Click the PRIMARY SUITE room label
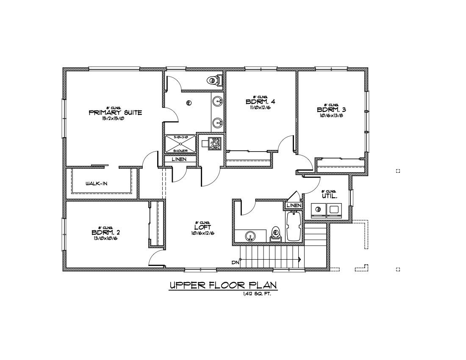115,113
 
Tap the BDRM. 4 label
260,102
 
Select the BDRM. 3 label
331,110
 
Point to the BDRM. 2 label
105,232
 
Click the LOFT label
202,227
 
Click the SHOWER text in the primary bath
180,151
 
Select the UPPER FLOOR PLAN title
223,285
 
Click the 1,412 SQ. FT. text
257,294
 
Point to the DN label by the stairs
236,263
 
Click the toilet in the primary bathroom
214,80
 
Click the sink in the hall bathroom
250,235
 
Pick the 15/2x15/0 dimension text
115,119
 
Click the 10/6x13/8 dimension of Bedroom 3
331,115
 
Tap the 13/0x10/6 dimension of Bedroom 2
105,238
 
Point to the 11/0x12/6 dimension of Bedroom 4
260,107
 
